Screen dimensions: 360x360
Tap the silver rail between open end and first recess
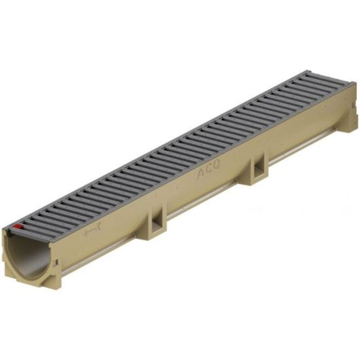coord(103,252)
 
